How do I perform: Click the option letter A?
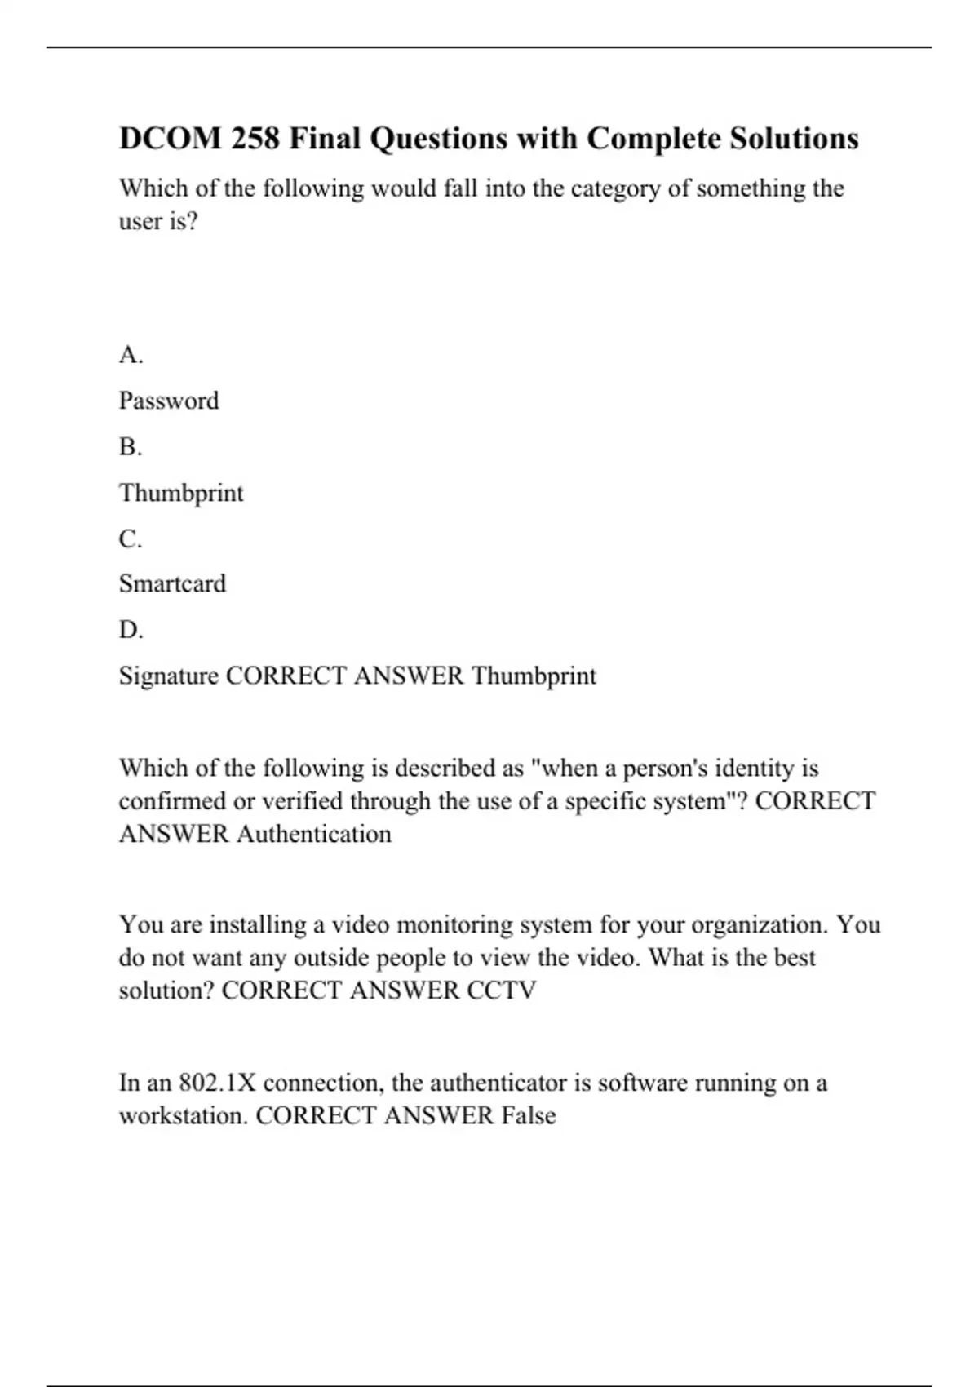tap(131, 355)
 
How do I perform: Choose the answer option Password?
tap(169, 401)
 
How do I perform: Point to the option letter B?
tap(131, 447)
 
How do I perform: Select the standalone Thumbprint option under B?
tap(181, 493)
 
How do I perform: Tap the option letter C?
tap(131, 539)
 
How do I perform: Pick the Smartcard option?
tap(172, 583)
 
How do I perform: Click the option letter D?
tap(131, 630)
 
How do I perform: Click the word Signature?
tap(169, 676)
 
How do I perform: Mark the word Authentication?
tap(314, 834)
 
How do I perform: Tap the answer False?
tap(529, 1115)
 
